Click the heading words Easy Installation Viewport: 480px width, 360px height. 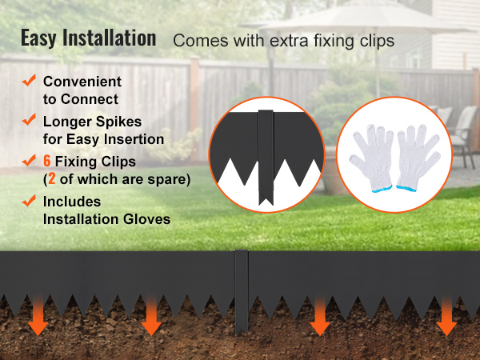pos(89,38)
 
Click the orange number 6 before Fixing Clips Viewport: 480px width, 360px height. pos(47,161)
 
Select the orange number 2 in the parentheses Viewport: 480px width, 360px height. pos(52,179)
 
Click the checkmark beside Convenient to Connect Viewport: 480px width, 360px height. pos(29,81)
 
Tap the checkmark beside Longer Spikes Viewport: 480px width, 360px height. pos(29,120)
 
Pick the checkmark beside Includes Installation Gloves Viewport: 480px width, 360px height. pos(29,201)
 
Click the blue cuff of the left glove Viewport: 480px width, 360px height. pos(382,189)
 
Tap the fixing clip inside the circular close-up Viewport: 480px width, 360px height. pos(266,156)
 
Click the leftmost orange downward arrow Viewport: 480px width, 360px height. pos(38,315)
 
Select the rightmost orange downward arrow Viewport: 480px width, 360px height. pos(446,315)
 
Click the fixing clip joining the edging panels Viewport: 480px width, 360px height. pos(242,291)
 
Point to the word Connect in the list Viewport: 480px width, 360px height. pos(90,99)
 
